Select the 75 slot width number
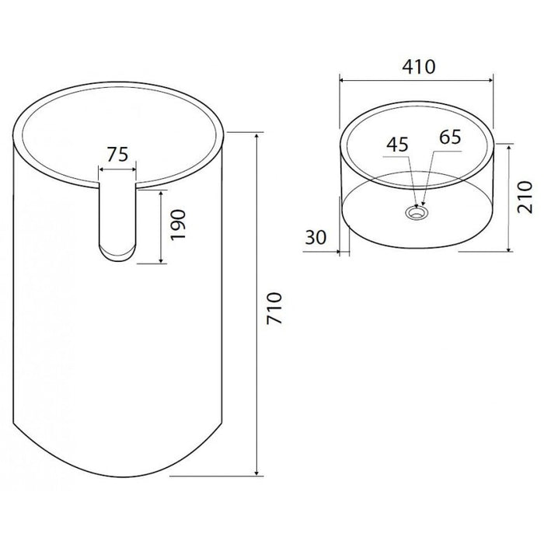point(117,154)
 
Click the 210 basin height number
point(525,197)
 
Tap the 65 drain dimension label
point(450,138)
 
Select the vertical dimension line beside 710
point(256,303)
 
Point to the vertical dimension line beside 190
point(161,226)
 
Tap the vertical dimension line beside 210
point(508,197)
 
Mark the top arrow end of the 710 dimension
point(256,134)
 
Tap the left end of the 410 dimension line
point(341,78)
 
